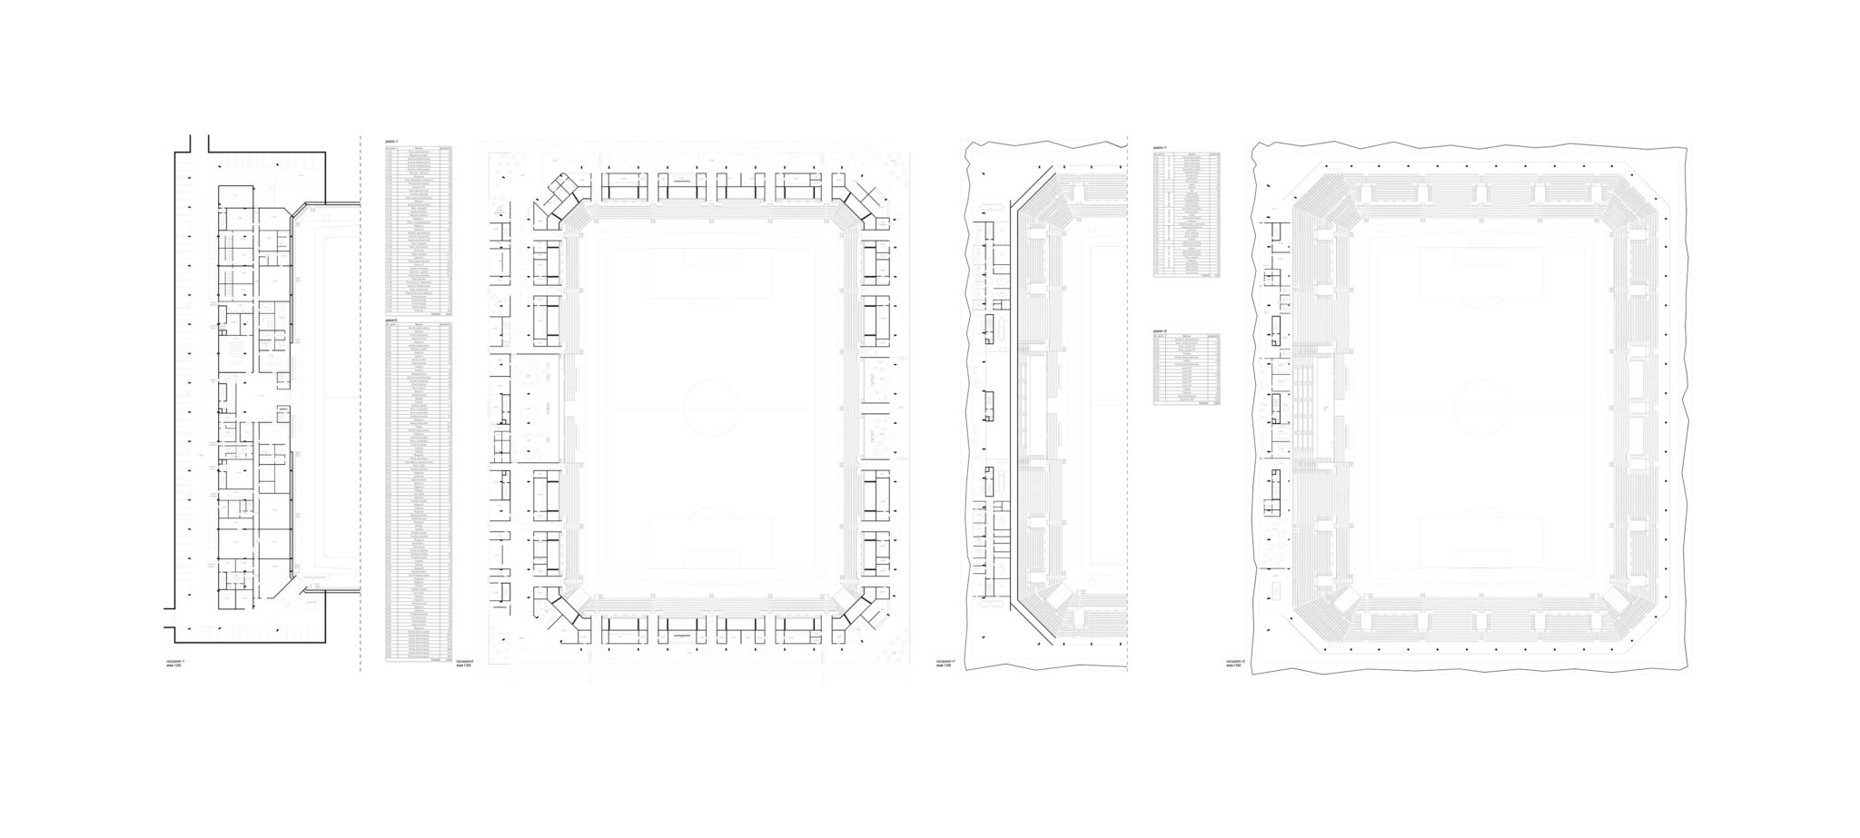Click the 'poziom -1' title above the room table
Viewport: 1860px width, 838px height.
(x=392, y=142)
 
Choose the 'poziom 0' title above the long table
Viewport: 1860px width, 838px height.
(x=392, y=320)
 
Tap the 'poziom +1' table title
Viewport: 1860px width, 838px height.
(x=1161, y=147)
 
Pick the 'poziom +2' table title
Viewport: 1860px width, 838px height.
(x=1161, y=330)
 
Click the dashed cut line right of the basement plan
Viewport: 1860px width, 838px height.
(x=361, y=409)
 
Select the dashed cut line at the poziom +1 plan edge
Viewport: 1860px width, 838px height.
(x=1128, y=409)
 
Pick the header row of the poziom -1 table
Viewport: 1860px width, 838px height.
(x=418, y=147)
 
